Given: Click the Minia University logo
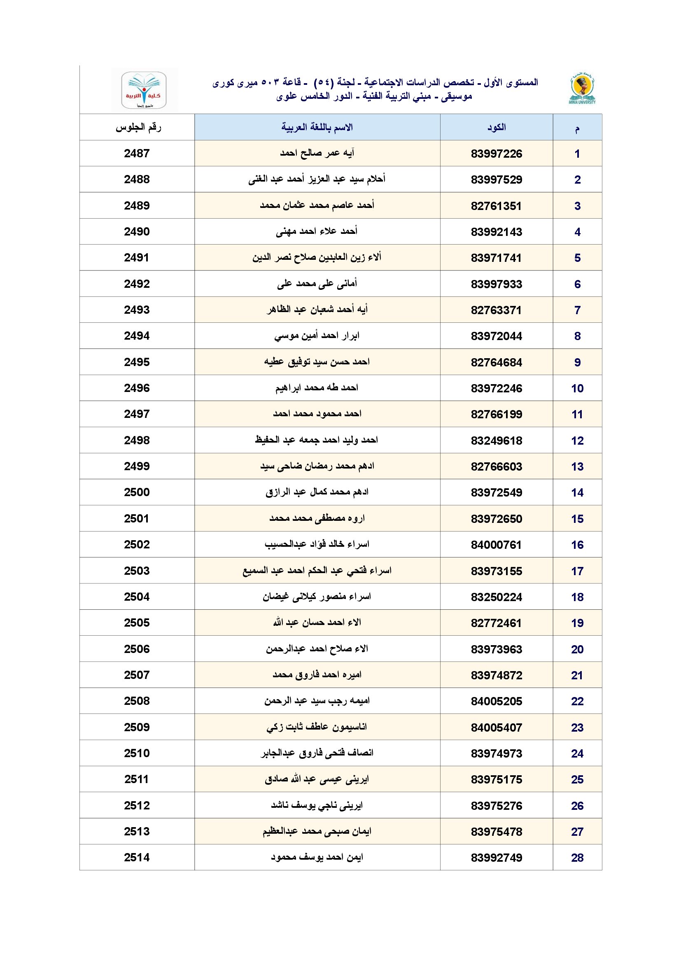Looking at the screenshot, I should [x=582, y=89].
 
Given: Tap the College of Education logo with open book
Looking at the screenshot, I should [x=144, y=90].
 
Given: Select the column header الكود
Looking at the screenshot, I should [x=497, y=128].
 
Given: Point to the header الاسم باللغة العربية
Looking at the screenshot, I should [x=317, y=127].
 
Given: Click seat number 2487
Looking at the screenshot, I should [x=137, y=154].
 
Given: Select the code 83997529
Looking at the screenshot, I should [x=497, y=180].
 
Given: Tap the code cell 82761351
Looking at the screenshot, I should [x=496, y=206].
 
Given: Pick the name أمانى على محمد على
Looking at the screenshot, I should [x=317, y=284].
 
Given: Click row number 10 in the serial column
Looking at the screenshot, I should [x=577, y=388].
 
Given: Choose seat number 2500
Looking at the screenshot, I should [x=137, y=492].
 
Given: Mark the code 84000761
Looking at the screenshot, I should [x=496, y=545].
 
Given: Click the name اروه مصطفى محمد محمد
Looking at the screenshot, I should [x=317, y=519].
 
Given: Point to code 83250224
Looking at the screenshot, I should [x=497, y=597].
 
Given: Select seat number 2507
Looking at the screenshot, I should [x=137, y=675].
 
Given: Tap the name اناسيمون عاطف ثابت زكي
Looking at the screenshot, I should [x=317, y=727].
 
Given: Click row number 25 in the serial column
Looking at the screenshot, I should [x=577, y=779].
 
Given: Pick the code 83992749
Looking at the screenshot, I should [x=497, y=858].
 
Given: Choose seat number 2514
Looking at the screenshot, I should [x=137, y=858].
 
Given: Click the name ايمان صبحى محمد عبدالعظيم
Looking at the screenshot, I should [x=317, y=831].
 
